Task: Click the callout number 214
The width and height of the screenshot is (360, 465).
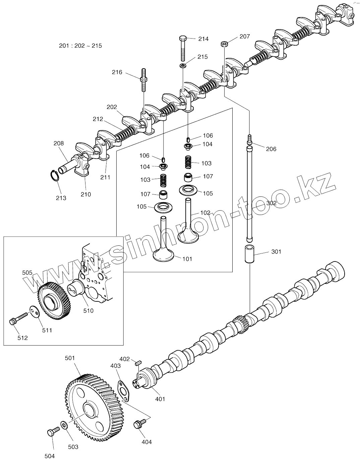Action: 203,39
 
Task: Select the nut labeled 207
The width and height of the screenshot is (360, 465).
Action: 224,44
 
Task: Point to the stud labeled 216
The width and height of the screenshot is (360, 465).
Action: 143,80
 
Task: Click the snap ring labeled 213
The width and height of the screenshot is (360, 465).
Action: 54,176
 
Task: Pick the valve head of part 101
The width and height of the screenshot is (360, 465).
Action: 163,255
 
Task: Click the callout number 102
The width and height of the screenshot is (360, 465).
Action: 205,213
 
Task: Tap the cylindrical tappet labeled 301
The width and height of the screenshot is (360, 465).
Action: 251,255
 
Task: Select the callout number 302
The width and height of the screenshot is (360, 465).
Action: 272,203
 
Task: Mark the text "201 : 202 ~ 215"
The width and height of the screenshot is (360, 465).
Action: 80,46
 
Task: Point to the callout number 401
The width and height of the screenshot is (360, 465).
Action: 160,399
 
